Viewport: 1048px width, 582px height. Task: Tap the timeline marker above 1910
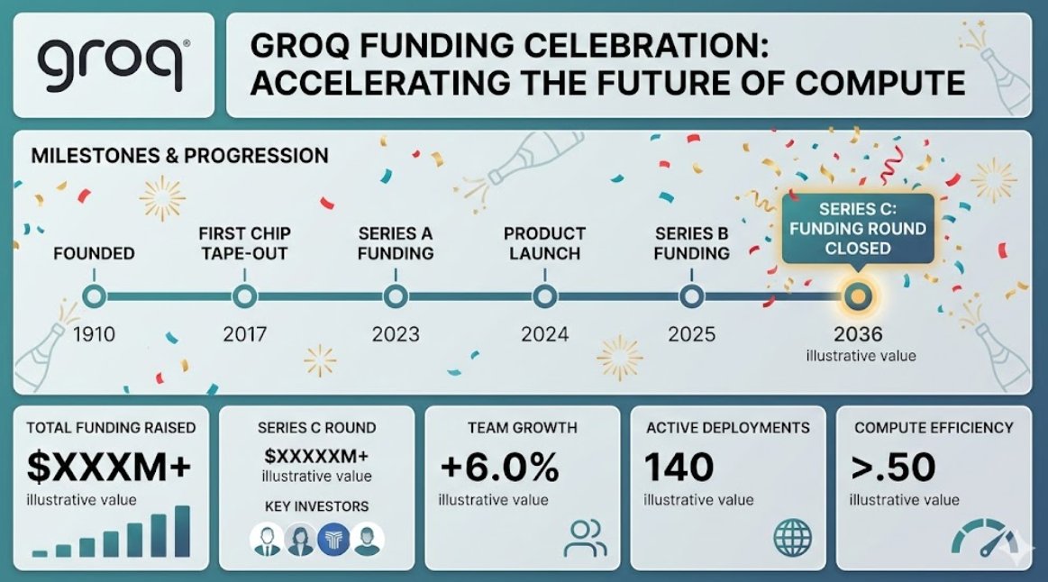coord(94,296)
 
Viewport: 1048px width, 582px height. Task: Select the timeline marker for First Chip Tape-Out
coord(244,296)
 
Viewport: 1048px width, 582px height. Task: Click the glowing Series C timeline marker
coord(858,296)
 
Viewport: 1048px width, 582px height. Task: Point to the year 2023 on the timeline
coord(396,334)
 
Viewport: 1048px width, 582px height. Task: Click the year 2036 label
coord(858,334)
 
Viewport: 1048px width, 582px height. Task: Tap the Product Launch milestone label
coord(544,243)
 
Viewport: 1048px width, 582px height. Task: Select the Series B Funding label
coord(692,243)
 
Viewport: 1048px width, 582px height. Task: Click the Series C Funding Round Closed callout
coord(858,229)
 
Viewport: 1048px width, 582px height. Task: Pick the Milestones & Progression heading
coord(180,156)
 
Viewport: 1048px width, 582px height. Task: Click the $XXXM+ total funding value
coord(109,467)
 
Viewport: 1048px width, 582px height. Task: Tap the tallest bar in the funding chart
coord(182,532)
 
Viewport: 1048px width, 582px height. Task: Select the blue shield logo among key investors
coord(333,539)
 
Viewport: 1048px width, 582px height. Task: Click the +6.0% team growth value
coord(499,467)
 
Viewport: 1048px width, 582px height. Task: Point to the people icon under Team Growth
coord(585,539)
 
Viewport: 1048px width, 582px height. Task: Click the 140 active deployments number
coord(679,467)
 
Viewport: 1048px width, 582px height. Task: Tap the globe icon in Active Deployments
coord(793,538)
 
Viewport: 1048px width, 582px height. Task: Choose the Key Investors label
coord(317,506)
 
